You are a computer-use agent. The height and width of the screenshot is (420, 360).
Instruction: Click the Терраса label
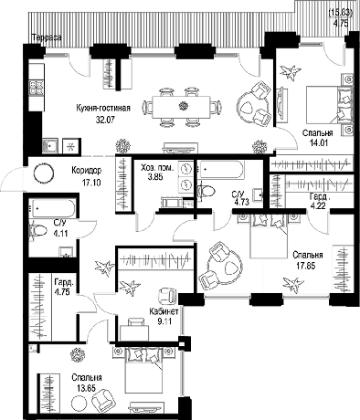47,37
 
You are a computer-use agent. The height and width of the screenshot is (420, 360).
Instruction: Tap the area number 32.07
105,120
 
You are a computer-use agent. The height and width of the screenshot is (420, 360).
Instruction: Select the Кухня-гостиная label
103,108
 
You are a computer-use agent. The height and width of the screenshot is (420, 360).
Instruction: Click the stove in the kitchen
37,88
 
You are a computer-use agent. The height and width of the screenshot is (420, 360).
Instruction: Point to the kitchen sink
50,146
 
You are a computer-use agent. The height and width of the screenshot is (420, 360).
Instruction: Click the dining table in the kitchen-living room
182,107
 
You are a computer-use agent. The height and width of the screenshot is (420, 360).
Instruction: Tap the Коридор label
87,170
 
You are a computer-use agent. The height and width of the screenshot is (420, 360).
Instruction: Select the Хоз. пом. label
157,167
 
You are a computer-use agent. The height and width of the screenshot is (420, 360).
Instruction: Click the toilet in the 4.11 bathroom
37,230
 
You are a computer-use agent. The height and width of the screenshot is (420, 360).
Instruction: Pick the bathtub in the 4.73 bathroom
221,170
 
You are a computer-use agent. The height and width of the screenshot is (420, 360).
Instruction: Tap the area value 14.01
319,142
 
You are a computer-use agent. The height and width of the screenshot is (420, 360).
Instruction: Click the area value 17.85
306,266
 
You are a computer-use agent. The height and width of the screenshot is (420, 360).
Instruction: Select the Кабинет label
164,311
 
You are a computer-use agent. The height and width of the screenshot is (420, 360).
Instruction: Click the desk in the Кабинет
134,332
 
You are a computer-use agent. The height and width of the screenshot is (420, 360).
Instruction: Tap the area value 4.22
318,206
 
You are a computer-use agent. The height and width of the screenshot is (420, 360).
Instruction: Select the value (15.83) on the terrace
341,13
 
